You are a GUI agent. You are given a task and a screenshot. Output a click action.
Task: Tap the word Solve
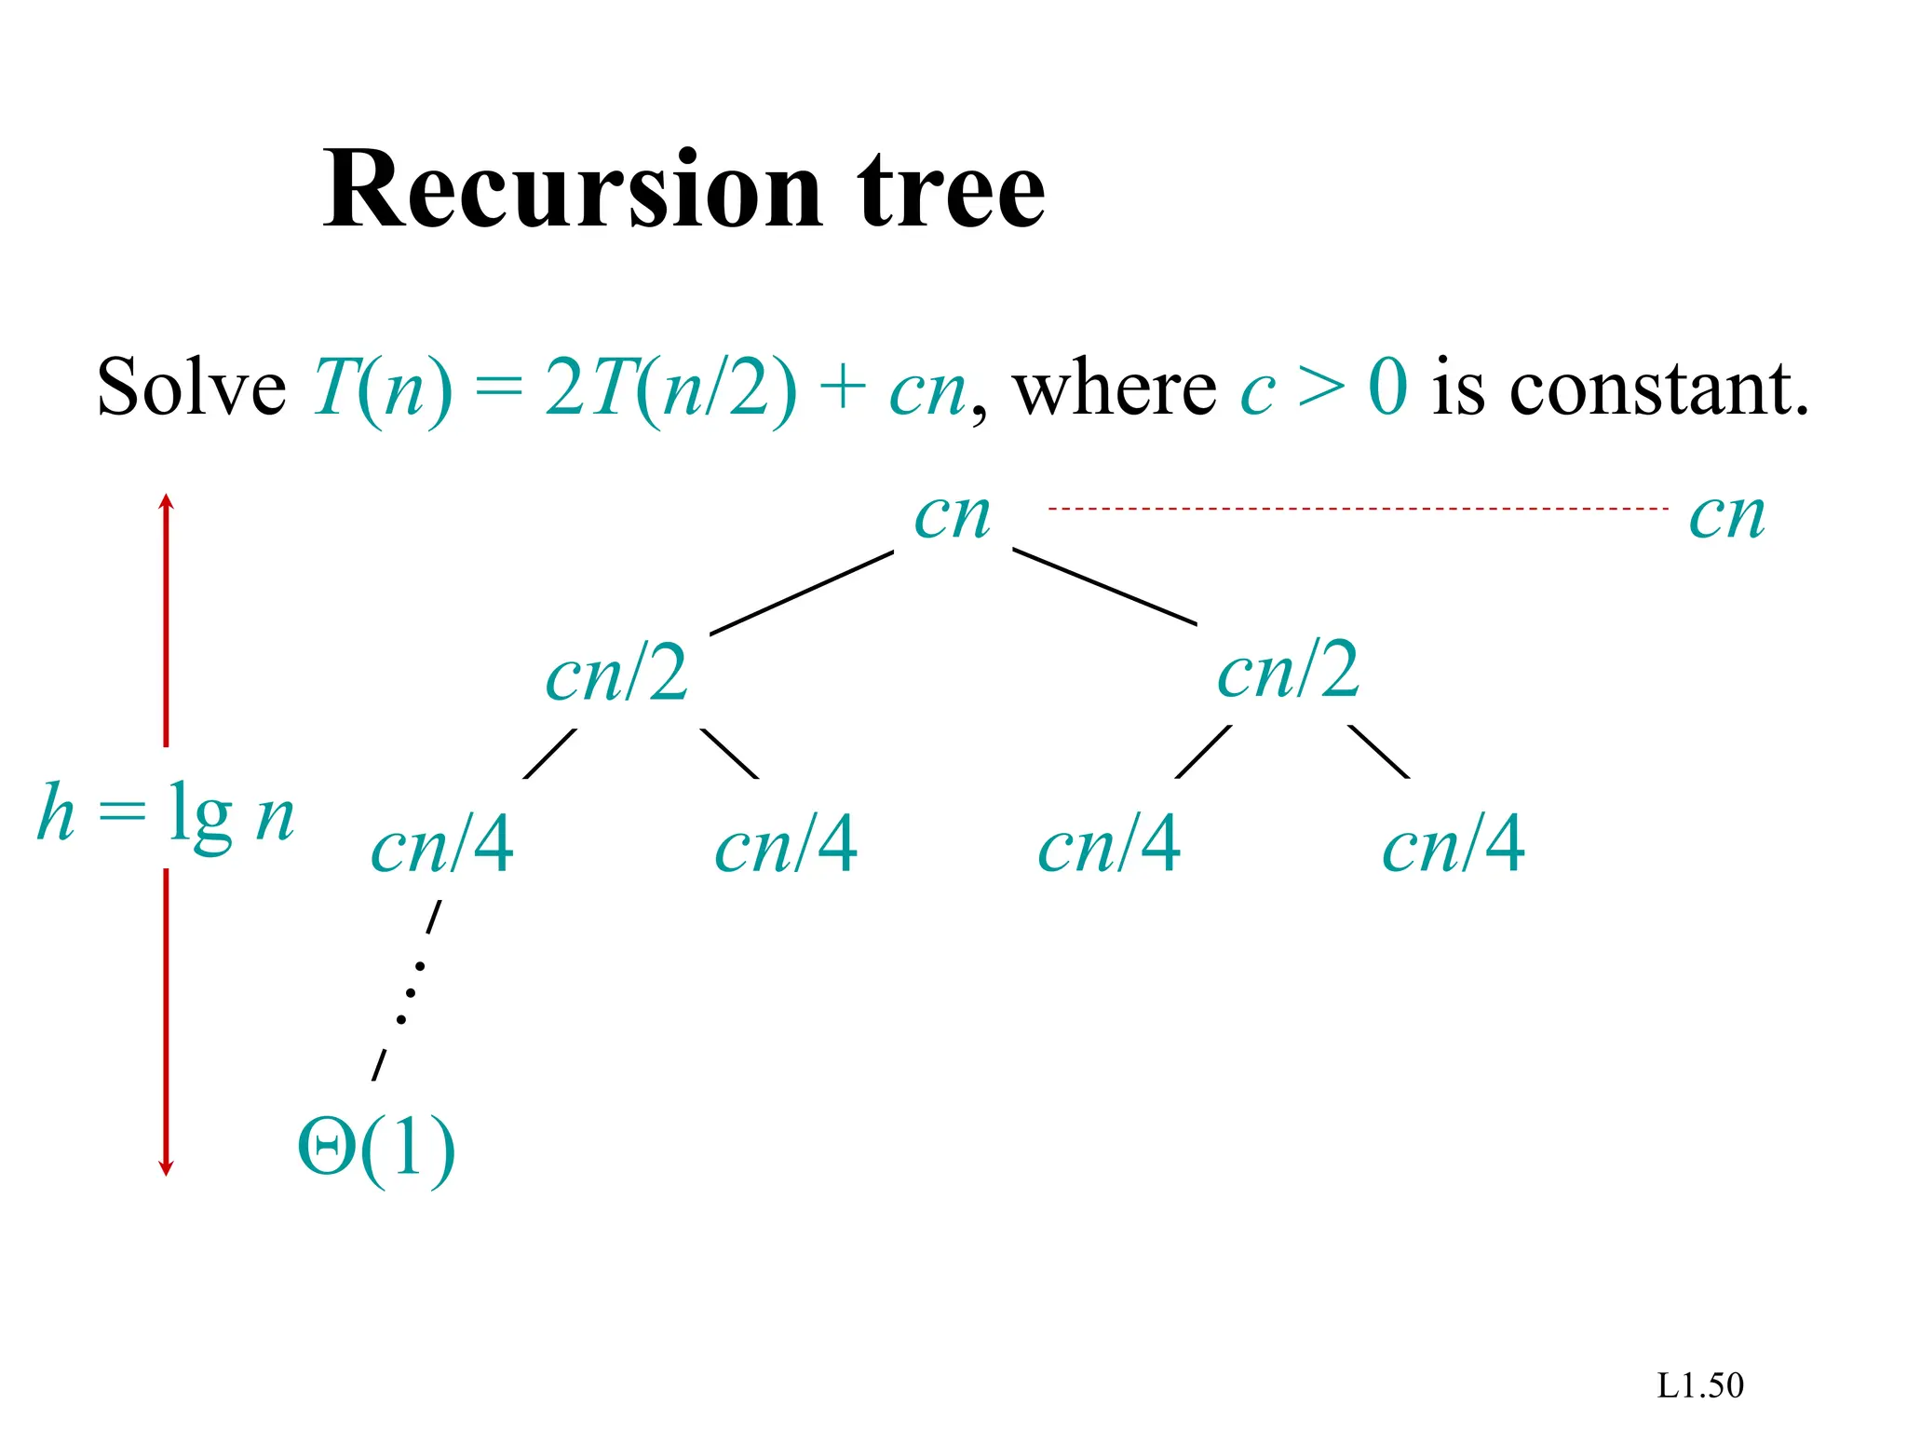(x=191, y=388)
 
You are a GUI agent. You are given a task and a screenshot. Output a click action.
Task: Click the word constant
(x=1658, y=388)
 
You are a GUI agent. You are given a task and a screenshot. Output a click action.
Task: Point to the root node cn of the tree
(x=952, y=515)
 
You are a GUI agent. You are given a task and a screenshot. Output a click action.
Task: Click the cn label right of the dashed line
(x=1726, y=515)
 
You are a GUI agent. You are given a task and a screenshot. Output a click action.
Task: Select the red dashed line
(x=1357, y=509)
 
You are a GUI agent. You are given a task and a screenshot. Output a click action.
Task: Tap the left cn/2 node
(x=616, y=674)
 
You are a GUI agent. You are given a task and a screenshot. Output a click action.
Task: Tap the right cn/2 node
(x=1288, y=672)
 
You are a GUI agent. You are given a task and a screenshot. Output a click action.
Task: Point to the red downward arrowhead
(x=166, y=1167)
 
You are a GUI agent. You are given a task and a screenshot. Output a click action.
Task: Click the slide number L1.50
(x=1699, y=1386)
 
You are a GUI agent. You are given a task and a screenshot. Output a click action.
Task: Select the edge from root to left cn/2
(x=802, y=593)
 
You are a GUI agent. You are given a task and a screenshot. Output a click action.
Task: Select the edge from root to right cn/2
(x=1104, y=587)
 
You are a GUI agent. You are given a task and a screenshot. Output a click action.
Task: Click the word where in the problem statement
(x=1114, y=388)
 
